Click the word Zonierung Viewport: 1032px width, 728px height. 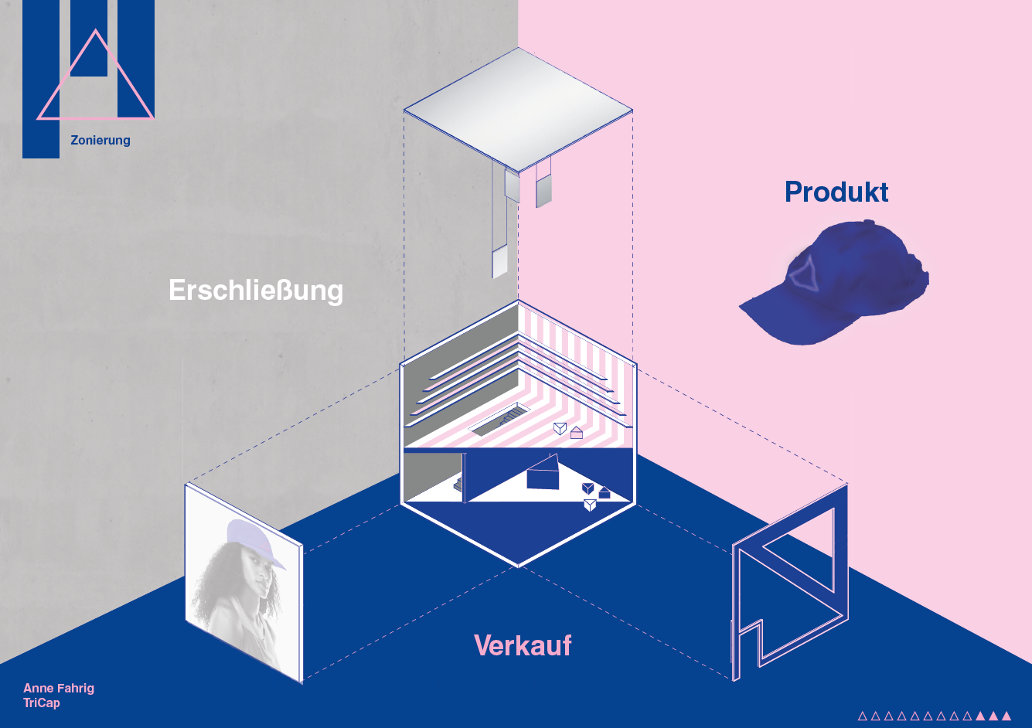tap(100, 141)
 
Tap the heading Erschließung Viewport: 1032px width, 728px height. tap(256, 291)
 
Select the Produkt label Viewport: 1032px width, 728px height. tap(836, 192)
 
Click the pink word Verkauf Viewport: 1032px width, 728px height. tap(523, 645)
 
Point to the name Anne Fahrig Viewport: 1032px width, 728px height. tap(59, 688)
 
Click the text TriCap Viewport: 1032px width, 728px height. tap(42, 702)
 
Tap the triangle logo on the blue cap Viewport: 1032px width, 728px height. tap(804, 273)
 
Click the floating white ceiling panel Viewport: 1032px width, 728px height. tap(518, 110)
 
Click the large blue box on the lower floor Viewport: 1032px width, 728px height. tap(543, 475)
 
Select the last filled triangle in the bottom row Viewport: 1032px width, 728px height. tap(1006, 716)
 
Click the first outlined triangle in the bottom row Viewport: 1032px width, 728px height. tap(863, 716)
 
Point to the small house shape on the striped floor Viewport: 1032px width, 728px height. tap(577, 433)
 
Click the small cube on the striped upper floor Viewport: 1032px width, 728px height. tap(560, 429)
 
